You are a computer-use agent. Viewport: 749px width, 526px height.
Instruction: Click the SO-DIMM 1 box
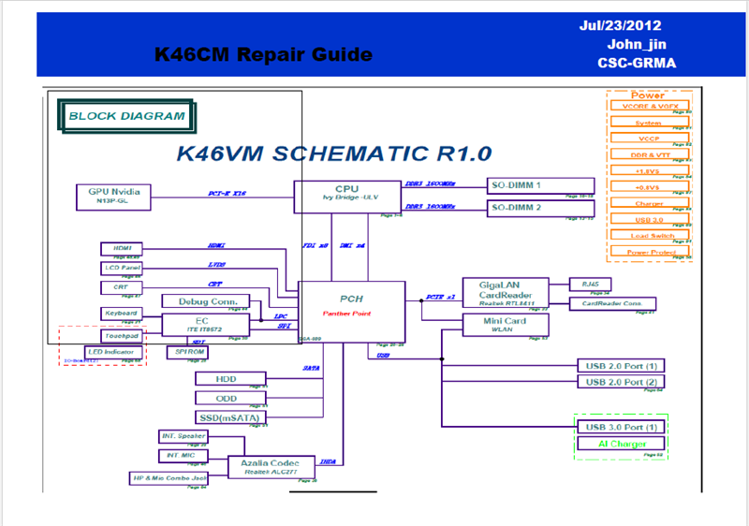pyautogui.click(x=541, y=185)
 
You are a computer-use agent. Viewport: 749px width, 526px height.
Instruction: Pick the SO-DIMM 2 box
pyautogui.click(x=541, y=207)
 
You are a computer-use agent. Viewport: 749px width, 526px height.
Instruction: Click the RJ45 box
pyautogui.click(x=590, y=283)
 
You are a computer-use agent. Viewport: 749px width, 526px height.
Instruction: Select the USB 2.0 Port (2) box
pyautogui.click(x=623, y=382)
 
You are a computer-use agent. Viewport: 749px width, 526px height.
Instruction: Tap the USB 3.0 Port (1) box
pyautogui.click(x=623, y=428)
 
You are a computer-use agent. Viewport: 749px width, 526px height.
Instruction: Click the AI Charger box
pyautogui.click(x=623, y=444)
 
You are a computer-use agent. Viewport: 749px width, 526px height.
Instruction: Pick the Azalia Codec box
pyautogui.click(x=270, y=466)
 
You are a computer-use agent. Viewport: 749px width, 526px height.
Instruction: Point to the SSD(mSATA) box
pyautogui.click(x=229, y=417)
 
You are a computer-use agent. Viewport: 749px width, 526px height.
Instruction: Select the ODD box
pyautogui.click(x=228, y=398)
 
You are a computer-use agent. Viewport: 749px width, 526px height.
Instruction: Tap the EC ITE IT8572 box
pyautogui.click(x=204, y=324)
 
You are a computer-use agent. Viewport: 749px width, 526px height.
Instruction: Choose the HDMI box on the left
pyautogui.click(x=122, y=248)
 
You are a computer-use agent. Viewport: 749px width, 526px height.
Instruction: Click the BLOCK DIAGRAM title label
pyautogui.click(x=127, y=116)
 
